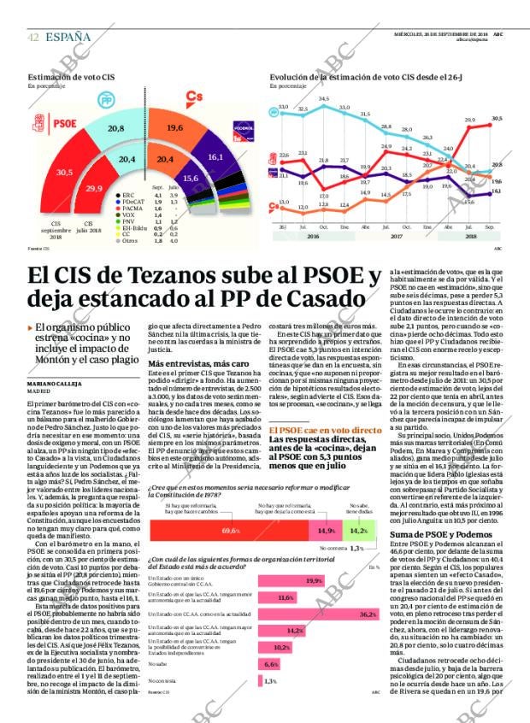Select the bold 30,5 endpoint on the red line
pos(498,119)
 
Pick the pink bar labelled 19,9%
pos(291,580)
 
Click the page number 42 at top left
pos(33,37)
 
